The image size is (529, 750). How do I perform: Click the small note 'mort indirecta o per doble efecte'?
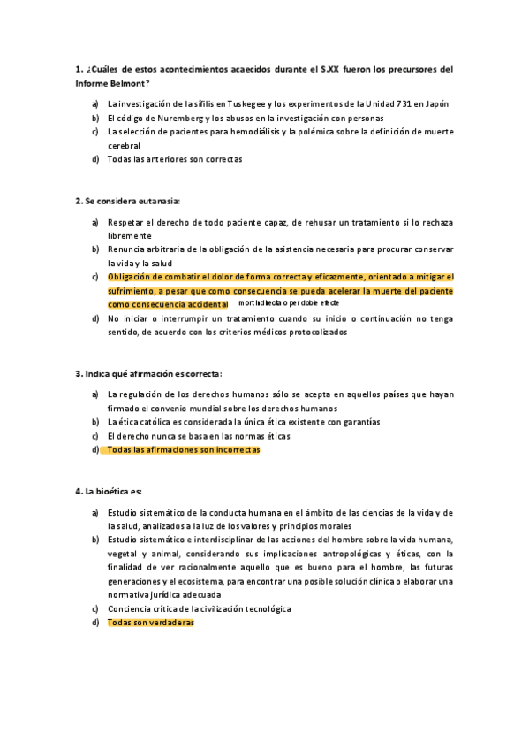click(x=289, y=303)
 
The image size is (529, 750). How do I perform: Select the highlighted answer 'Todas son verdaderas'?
click(x=150, y=623)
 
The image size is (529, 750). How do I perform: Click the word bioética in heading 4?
click(x=116, y=491)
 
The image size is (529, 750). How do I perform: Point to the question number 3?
click(x=78, y=373)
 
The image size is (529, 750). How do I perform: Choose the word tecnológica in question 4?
click(x=261, y=608)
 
